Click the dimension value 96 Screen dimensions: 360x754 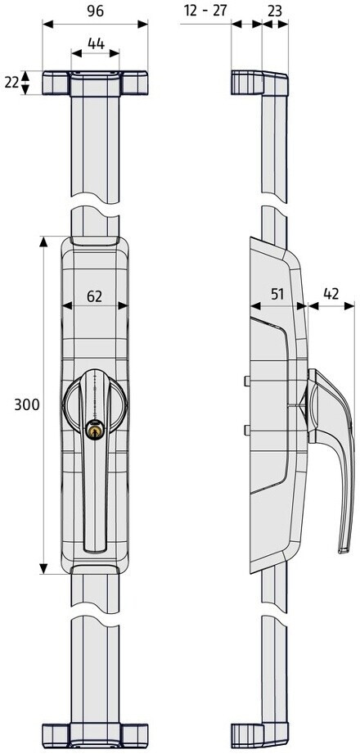[96, 11]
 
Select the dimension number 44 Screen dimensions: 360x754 [96, 43]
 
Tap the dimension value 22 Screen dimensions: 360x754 [11, 82]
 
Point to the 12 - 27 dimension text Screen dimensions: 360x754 [205, 11]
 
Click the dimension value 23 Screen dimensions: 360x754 [274, 11]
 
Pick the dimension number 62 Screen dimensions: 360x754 [95, 296]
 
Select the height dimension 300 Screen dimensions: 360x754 [27, 405]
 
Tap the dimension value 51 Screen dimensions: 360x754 [277, 294]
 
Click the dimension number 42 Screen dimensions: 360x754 [331, 294]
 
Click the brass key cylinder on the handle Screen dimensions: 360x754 [95, 429]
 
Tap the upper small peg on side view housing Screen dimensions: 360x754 [246, 382]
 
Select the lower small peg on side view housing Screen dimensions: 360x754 [246, 430]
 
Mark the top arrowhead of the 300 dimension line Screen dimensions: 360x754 [43, 242]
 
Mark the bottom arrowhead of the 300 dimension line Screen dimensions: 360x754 [43, 568]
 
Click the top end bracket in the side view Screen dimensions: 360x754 [259, 83]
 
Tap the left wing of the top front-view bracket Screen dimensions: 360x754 [56, 84]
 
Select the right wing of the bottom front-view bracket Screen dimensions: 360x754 [133, 736]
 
